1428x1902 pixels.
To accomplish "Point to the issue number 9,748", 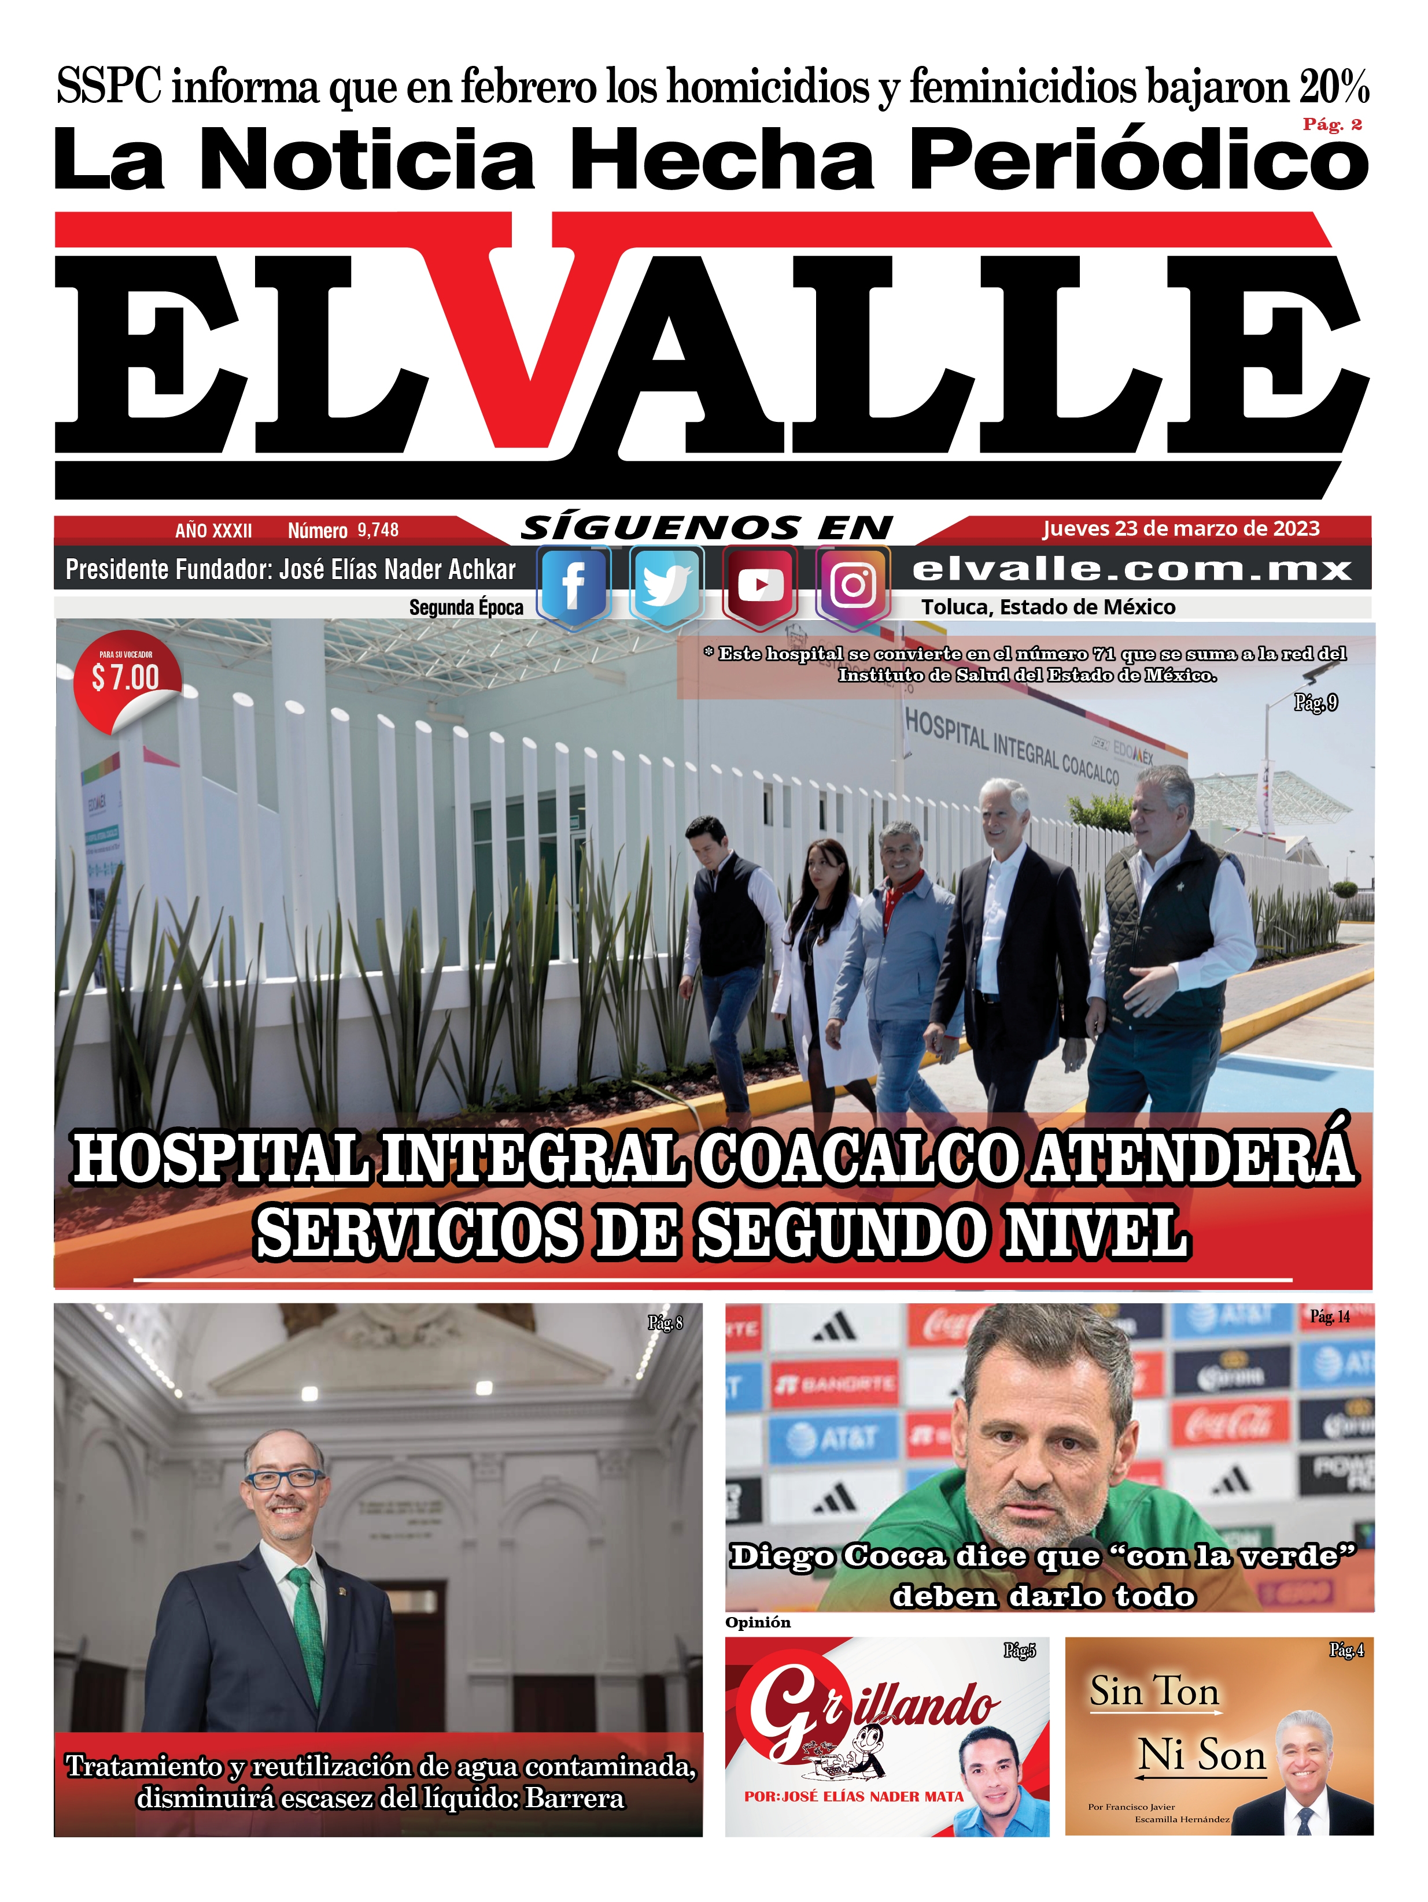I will [x=378, y=529].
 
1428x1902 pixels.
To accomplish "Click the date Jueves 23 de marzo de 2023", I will [x=1180, y=528].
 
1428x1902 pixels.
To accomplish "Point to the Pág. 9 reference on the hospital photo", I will [x=1315, y=703].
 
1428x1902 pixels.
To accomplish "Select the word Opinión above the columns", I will [x=757, y=1622].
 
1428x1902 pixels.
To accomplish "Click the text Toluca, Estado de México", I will [x=1048, y=607].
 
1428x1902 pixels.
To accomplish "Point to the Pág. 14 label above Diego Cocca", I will [x=1329, y=1317].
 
